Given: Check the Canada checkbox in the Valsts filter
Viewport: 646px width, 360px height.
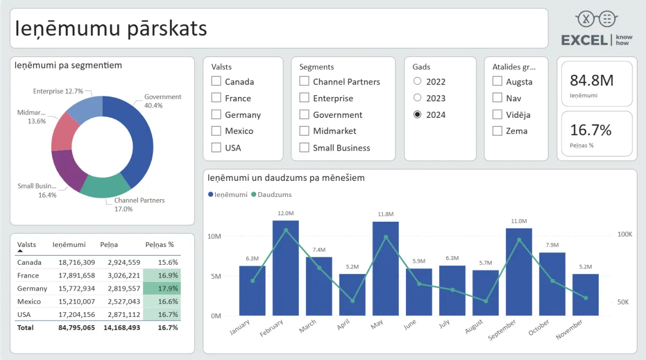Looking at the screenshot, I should point(216,82).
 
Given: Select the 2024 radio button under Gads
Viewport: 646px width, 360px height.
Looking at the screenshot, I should point(417,115).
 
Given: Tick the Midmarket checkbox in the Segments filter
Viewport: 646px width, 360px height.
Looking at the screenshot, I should point(304,131).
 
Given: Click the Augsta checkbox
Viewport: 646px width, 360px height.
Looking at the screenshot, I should point(497,82).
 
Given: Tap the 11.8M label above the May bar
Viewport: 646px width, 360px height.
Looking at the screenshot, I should point(386,214).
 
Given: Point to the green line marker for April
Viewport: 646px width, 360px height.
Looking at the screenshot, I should point(353,301).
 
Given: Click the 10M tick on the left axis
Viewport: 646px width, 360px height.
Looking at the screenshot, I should point(214,237).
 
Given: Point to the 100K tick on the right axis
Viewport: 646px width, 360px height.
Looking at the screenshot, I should point(624,235).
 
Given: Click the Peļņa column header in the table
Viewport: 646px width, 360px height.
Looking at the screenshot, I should point(109,245).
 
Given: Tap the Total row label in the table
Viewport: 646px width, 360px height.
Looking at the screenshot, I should point(25,327).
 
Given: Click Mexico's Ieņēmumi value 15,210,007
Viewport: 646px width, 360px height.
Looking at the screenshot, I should point(77,301).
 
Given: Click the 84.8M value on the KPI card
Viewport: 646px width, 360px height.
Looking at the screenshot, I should point(592,81).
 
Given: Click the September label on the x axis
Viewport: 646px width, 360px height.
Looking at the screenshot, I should point(502,329).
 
